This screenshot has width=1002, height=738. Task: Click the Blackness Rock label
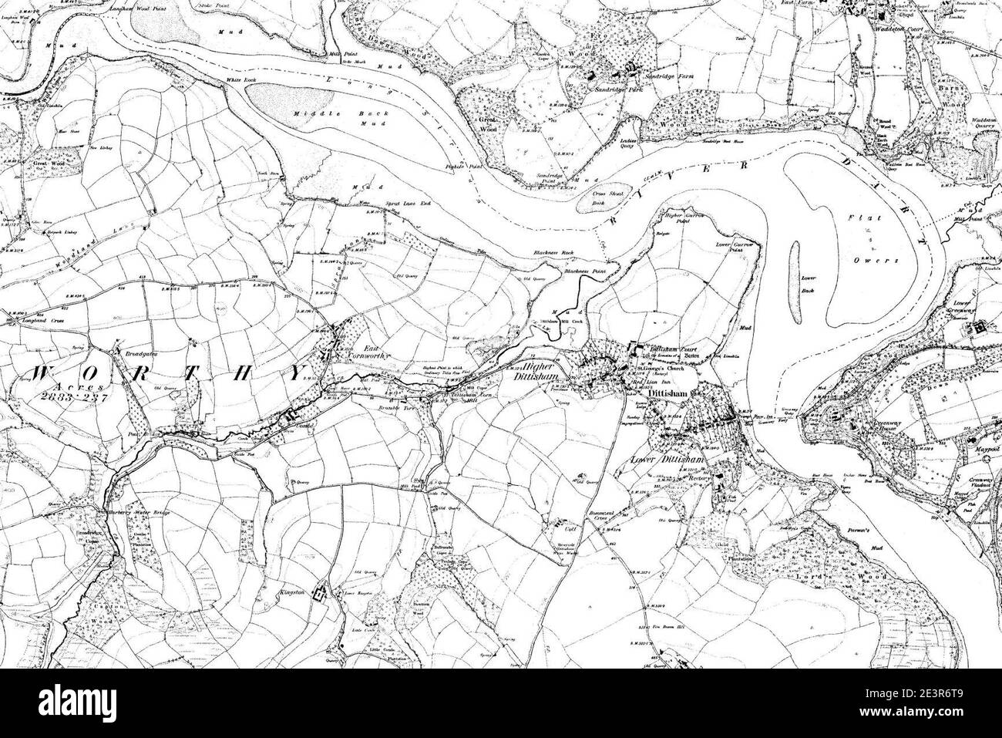pyautogui.click(x=553, y=254)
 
